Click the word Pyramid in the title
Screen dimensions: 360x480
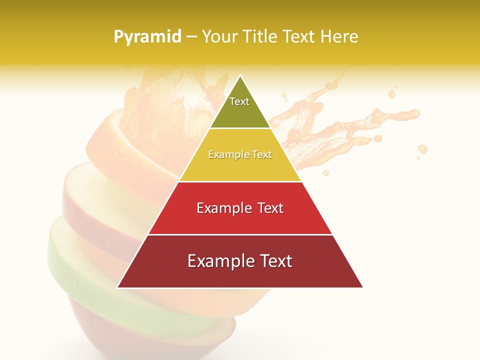coord(147,37)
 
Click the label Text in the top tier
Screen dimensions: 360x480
coord(239,101)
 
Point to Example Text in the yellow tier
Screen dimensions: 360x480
coord(240,154)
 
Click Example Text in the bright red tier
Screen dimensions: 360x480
coord(240,208)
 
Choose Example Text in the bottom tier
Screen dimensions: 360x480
coord(240,261)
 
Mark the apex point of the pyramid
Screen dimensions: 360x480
coord(240,76)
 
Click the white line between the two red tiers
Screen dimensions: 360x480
coord(240,234)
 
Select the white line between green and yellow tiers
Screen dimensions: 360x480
coord(240,128)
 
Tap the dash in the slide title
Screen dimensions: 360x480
coord(191,37)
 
